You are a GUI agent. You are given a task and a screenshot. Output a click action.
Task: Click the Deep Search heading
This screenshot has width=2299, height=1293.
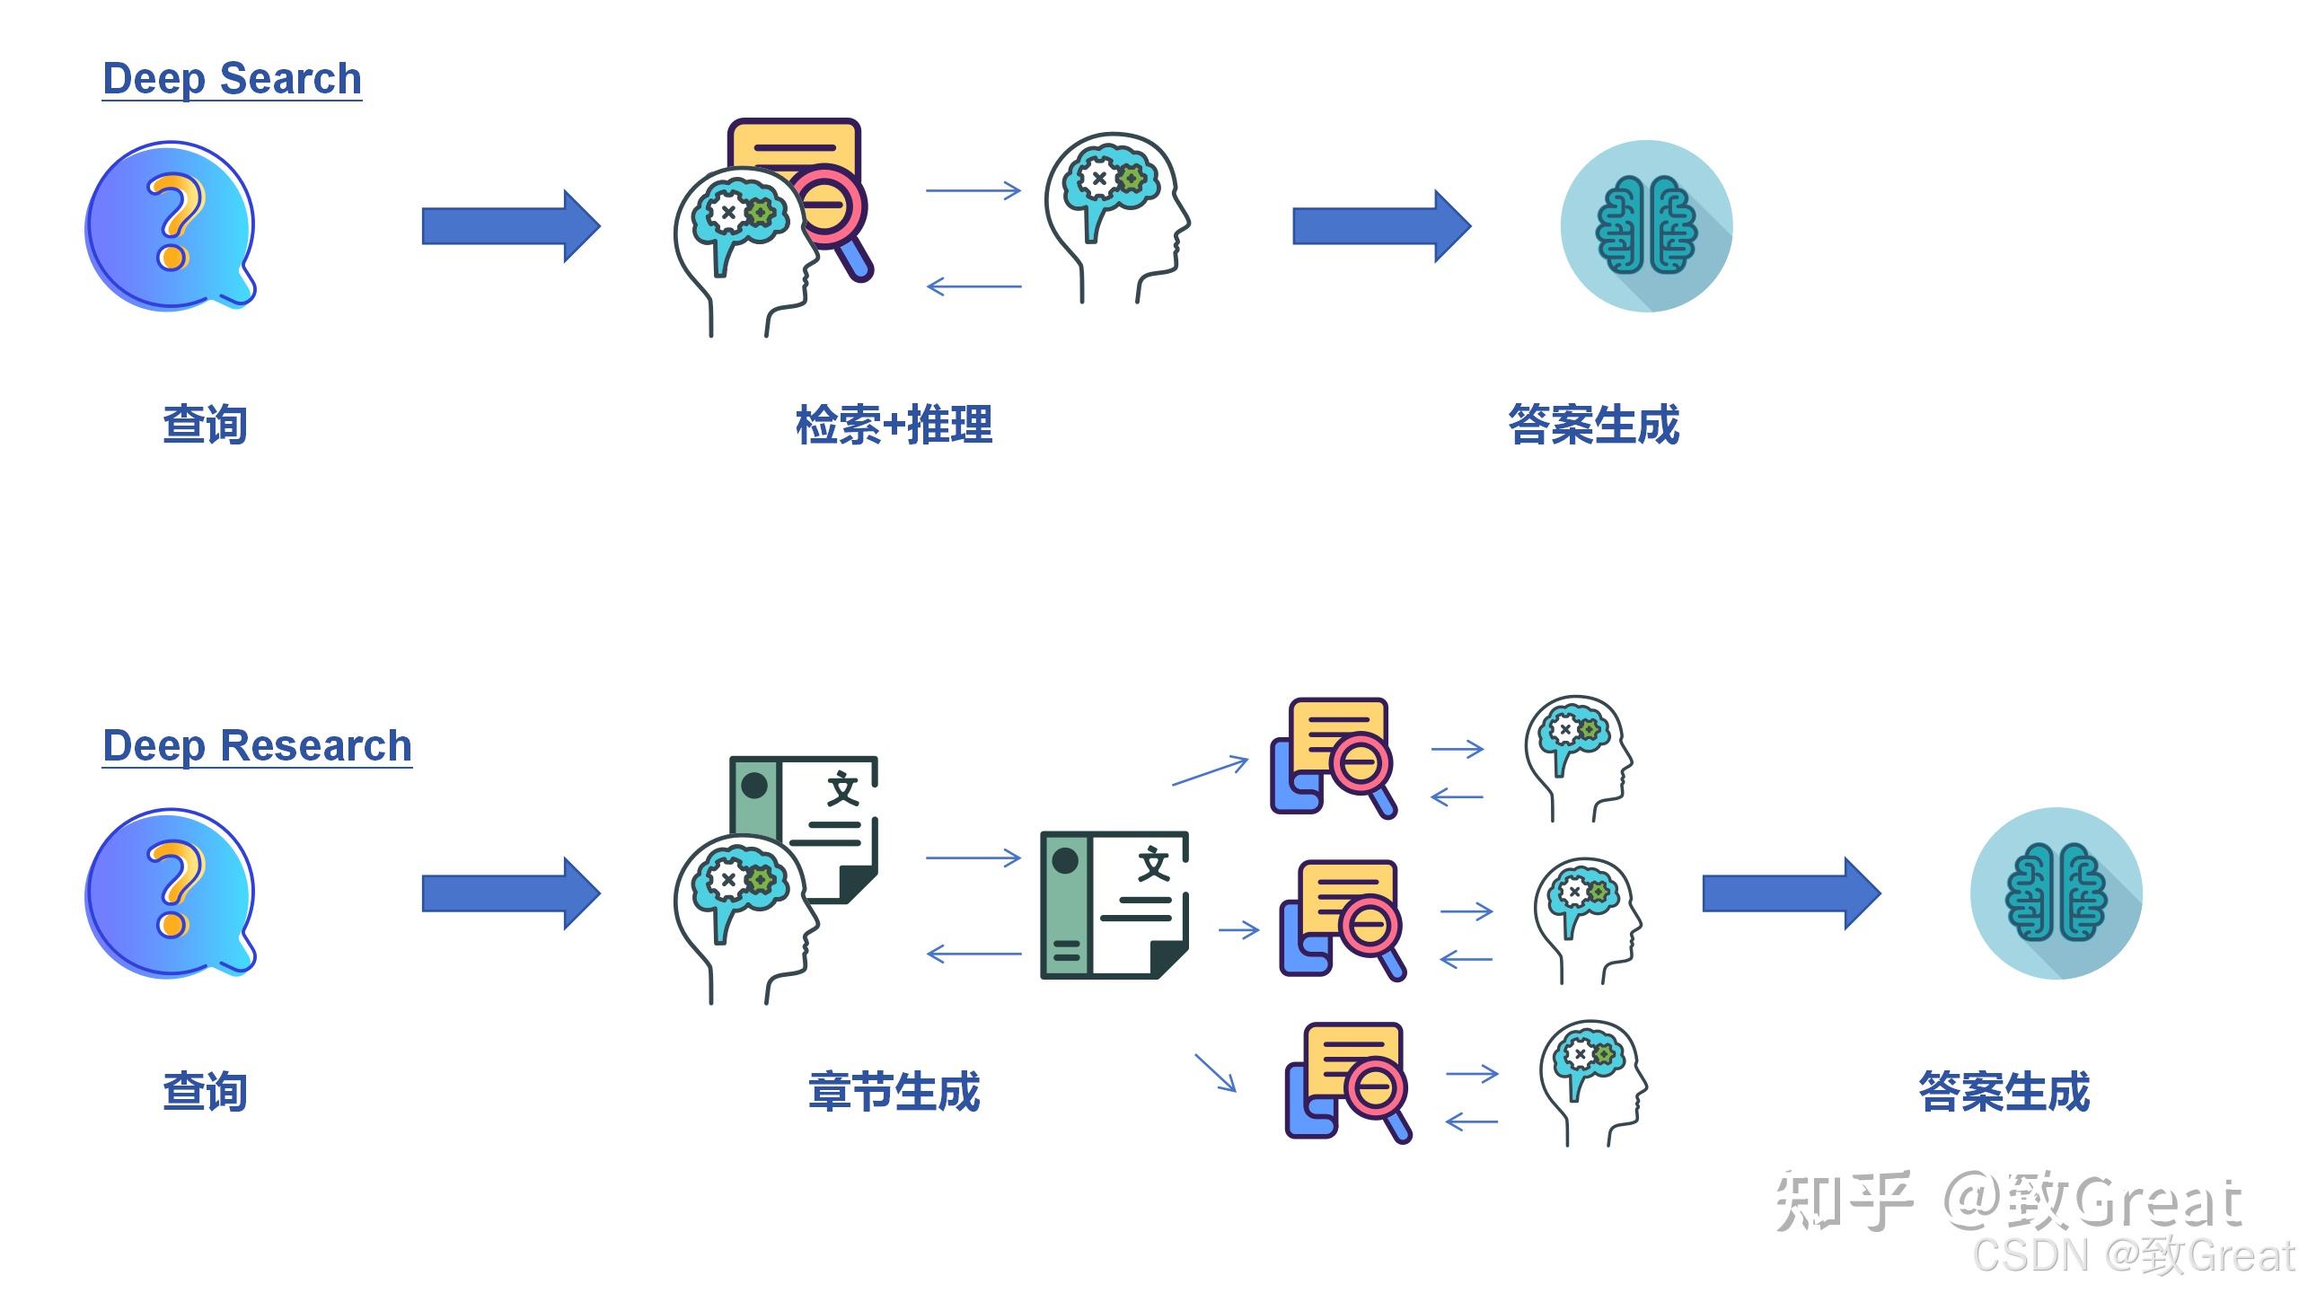click(x=232, y=79)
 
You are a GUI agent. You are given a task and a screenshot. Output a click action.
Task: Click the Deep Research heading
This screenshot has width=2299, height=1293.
click(x=257, y=746)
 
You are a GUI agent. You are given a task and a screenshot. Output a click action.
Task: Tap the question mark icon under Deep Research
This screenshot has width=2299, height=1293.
click(x=171, y=893)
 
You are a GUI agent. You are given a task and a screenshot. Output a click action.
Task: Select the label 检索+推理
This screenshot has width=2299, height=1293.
click(x=894, y=425)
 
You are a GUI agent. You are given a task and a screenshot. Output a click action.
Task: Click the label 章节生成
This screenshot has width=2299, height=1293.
click(x=894, y=1092)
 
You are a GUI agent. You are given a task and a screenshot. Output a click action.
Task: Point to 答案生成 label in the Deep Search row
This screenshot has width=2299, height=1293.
click(x=1593, y=425)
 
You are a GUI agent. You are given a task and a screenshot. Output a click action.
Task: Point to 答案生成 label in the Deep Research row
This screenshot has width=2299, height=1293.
click(x=2004, y=1092)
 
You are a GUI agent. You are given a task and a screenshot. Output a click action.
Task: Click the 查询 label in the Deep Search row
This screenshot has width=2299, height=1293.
click(x=205, y=425)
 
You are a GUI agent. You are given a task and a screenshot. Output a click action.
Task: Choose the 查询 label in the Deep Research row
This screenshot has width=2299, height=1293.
click(x=205, y=1092)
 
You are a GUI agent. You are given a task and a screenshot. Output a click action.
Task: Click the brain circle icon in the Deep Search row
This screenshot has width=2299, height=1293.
click(x=1646, y=225)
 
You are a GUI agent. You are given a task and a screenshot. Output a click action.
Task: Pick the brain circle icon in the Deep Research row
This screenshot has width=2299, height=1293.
click(x=2056, y=893)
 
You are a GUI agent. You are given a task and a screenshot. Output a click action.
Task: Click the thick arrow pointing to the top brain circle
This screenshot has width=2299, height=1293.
click(x=1381, y=226)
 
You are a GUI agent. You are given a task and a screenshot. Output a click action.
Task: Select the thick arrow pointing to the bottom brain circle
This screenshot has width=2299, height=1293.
click(x=1791, y=893)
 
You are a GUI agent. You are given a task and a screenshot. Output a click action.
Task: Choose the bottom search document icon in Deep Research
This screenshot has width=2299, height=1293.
click(x=1347, y=1082)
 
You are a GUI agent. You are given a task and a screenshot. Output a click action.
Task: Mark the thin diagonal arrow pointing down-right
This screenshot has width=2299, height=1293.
click(x=1215, y=1073)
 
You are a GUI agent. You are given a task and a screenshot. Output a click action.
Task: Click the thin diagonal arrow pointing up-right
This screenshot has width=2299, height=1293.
click(x=1211, y=770)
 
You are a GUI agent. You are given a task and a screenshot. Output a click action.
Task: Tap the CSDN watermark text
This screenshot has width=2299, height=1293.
click(x=2133, y=1254)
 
